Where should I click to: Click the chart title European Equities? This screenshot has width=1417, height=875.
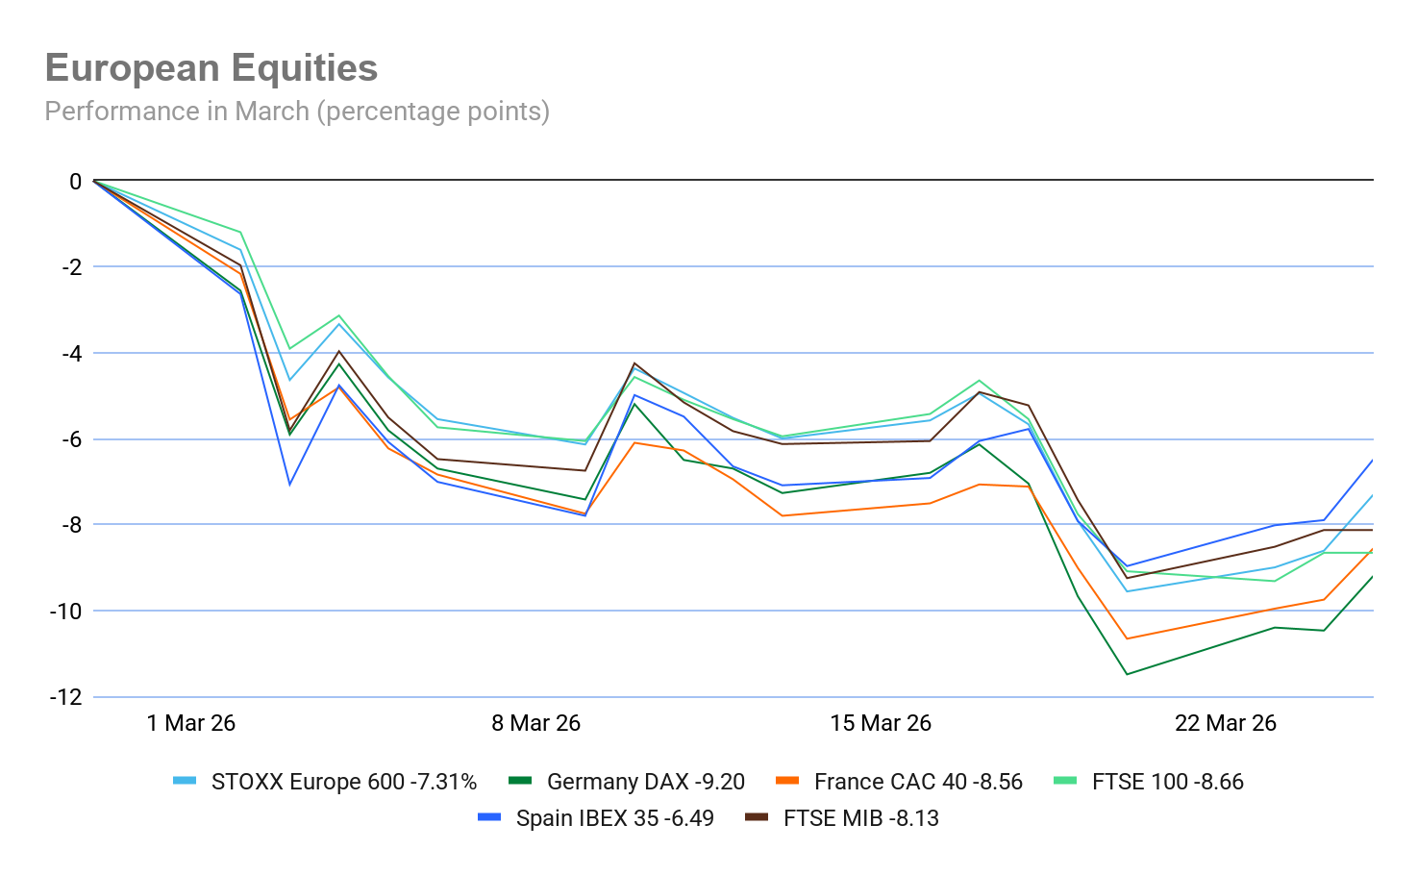(x=211, y=68)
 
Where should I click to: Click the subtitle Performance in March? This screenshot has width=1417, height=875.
(x=297, y=112)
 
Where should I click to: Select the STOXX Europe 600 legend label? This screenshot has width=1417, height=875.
(x=343, y=782)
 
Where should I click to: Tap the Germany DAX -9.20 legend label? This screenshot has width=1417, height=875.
(x=645, y=782)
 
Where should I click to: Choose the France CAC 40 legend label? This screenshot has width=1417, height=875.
(x=918, y=782)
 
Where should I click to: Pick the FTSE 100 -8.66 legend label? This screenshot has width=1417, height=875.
(x=1168, y=782)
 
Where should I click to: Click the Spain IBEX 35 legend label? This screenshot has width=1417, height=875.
(x=614, y=818)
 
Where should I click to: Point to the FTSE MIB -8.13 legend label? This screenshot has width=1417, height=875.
(x=861, y=818)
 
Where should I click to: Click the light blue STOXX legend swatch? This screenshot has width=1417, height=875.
(x=185, y=782)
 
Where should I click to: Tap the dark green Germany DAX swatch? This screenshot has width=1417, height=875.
(x=520, y=782)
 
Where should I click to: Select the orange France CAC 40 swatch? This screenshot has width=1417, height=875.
(x=787, y=782)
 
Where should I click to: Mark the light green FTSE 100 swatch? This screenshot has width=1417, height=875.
(x=1066, y=782)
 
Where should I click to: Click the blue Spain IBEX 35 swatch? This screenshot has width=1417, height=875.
(x=489, y=818)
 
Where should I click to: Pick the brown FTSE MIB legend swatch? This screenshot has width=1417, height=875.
(x=758, y=818)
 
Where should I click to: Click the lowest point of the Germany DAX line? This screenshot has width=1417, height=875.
(x=1128, y=674)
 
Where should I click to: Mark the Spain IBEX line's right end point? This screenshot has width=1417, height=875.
(x=1372, y=462)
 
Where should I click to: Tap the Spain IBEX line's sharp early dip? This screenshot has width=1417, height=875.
(x=289, y=484)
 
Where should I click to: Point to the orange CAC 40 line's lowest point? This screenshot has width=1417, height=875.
(x=1128, y=638)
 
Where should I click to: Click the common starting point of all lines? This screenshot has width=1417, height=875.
(x=94, y=180)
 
